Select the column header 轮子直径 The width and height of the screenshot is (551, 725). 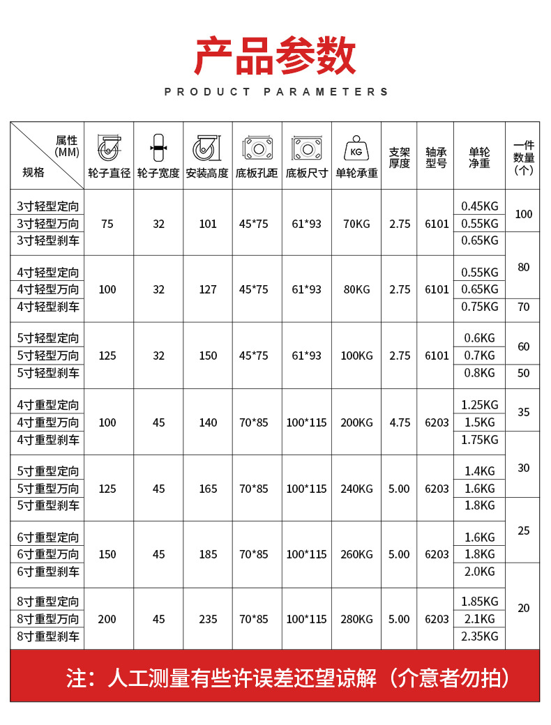click(110, 173)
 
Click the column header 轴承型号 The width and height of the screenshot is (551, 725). click(436, 158)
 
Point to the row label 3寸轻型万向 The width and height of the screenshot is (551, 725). click(48, 224)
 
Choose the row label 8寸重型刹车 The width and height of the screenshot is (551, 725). click(48, 636)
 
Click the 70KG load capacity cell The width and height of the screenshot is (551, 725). click(356, 224)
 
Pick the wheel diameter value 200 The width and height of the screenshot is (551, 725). click(107, 619)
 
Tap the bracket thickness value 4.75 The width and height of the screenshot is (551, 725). click(399, 422)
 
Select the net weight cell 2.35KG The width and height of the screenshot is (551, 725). click(480, 636)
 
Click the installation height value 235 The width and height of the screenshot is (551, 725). click(208, 619)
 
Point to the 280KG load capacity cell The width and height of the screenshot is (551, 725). click(356, 619)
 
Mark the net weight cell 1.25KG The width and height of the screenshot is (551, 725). click(480, 405)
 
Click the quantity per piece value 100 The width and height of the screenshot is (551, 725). click(523, 214)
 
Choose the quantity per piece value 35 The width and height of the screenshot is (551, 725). click(523, 412)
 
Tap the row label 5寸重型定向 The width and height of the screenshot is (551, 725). click(48, 471)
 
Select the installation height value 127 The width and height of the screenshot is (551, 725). click(208, 289)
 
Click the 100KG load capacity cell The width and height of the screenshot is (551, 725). click(356, 356)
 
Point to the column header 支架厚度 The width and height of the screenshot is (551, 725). click(399, 158)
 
